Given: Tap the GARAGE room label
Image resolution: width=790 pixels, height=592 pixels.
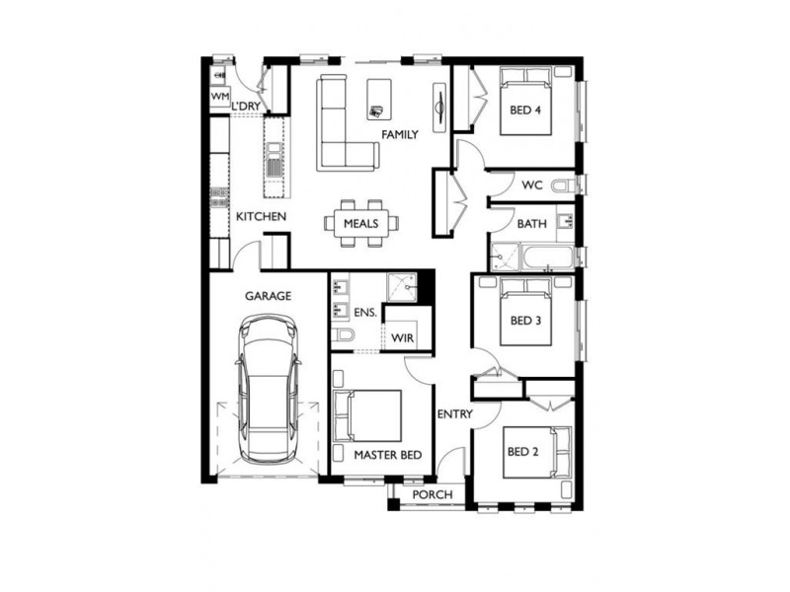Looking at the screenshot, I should [267, 295].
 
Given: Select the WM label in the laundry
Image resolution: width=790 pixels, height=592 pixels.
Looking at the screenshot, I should [218, 96].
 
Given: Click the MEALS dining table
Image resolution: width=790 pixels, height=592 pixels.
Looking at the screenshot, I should [361, 223].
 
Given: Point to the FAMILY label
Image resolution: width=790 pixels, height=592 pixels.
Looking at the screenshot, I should [399, 135].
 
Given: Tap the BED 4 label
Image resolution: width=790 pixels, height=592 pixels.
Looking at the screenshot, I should [524, 111].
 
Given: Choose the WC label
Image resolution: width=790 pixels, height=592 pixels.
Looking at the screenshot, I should [532, 185].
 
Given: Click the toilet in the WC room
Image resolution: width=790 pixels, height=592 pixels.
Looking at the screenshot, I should [563, 185].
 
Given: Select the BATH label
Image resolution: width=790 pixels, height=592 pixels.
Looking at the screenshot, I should [531, 225].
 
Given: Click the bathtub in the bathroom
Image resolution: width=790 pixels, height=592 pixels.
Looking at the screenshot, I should [547, 258].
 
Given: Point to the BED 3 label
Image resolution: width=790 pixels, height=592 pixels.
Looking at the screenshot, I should [524, 321].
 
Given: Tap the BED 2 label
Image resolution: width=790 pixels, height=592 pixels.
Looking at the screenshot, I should [521, 452].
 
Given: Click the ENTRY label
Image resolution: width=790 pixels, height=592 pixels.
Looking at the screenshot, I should [455, 414].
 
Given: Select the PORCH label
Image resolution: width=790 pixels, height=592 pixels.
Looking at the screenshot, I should [433, 494].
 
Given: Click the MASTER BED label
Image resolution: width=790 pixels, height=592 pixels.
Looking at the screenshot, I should [388, 455].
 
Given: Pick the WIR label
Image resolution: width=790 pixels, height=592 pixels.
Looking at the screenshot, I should [402, 338].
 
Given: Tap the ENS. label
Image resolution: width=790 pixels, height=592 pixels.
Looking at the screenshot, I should [365, 314].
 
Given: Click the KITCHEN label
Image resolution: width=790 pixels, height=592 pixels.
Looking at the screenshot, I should [261, 216].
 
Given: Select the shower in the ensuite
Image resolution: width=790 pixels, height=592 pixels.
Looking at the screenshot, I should [402, 286].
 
